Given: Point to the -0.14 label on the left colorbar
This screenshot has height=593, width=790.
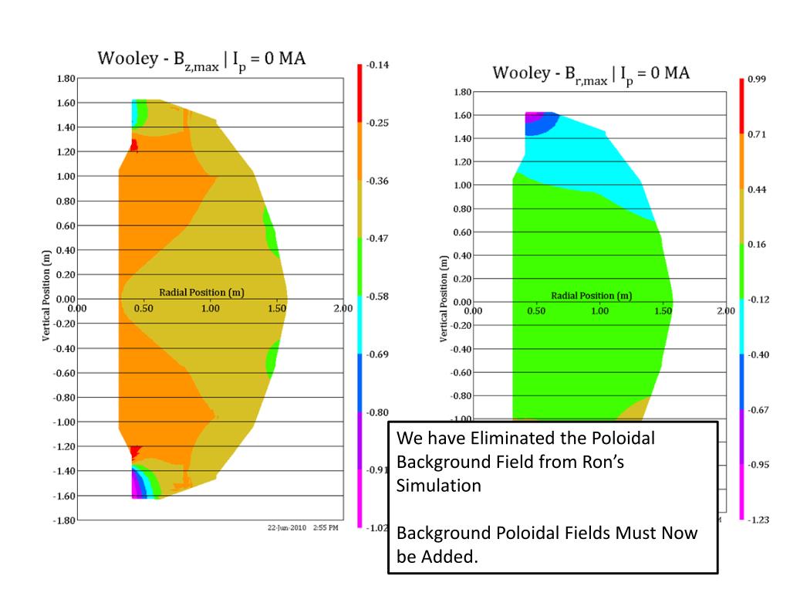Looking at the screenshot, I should pos(377,65).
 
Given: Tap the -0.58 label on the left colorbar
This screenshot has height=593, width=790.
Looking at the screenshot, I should pos(377,296).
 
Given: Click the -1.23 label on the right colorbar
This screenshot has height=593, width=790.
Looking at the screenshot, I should pos(758,520).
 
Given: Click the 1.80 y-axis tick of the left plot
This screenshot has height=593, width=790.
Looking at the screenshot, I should pos(66,78).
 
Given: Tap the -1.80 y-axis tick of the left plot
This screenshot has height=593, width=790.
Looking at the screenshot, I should pos(64,520).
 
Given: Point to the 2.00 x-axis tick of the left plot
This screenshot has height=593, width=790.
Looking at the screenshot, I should pos(343,308).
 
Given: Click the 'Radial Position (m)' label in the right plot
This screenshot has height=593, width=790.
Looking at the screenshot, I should pos(591,296).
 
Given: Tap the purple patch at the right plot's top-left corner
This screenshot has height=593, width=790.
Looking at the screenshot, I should pos(529,117).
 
